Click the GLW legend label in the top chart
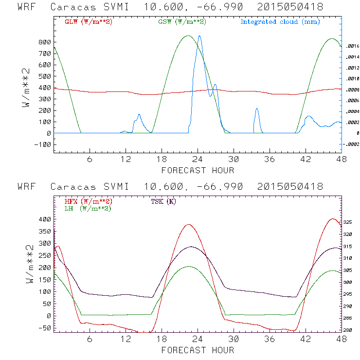coord(89,22)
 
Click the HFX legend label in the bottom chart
coord(89,201)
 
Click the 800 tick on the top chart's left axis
coord(45,42)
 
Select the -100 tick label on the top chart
coord(43,144)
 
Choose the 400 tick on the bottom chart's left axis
coord(45,219)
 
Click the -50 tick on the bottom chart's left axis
coord(45,327)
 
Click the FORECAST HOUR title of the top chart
coord(198,170)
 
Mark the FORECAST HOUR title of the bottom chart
coord(198,350)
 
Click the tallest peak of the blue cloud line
coord(199,36)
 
